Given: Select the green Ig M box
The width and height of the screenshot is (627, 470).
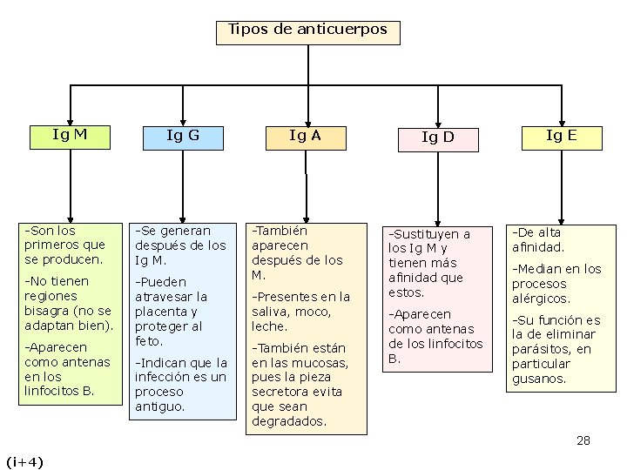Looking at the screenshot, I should [x=70, y=135].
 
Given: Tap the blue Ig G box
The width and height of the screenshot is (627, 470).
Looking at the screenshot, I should [x=183, y=136].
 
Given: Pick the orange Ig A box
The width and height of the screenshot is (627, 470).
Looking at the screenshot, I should [x=305, y=136].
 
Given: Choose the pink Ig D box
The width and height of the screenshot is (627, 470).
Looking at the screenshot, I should [x=437, y=138].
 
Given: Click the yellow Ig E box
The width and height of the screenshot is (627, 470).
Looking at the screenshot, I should [x=561, y=135].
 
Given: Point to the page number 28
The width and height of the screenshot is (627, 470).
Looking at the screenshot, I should [x=583, y=440].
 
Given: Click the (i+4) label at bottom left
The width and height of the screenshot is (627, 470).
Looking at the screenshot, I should [x=24, y=460].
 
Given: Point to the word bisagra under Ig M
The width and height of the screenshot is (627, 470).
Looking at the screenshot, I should [x=51, y=311].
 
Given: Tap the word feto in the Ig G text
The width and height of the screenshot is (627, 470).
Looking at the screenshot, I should [x=149, y=340].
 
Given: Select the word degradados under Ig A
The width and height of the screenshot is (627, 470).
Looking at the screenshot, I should [x=288, y=421].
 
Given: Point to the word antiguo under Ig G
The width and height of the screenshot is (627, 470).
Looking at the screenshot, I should [x=159, y=406].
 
